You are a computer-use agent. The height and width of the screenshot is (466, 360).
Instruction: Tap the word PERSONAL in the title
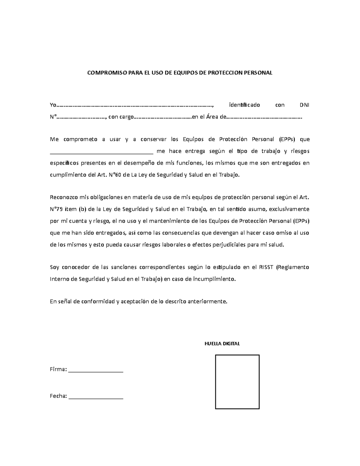click(258, 73)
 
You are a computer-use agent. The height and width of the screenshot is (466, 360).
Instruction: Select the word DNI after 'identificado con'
click(304, 105)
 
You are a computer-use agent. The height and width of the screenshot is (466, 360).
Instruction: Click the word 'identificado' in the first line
click(244, 105)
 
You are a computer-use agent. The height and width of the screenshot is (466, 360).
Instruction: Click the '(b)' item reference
click(82, 209)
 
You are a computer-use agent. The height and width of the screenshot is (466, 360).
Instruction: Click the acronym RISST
click(266, 267)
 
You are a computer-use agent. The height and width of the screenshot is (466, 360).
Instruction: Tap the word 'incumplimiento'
click(214, 279)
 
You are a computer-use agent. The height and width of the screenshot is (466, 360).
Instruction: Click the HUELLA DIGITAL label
click(222, 344)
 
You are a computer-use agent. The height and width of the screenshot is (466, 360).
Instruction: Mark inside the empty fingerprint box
click(237, 382)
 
